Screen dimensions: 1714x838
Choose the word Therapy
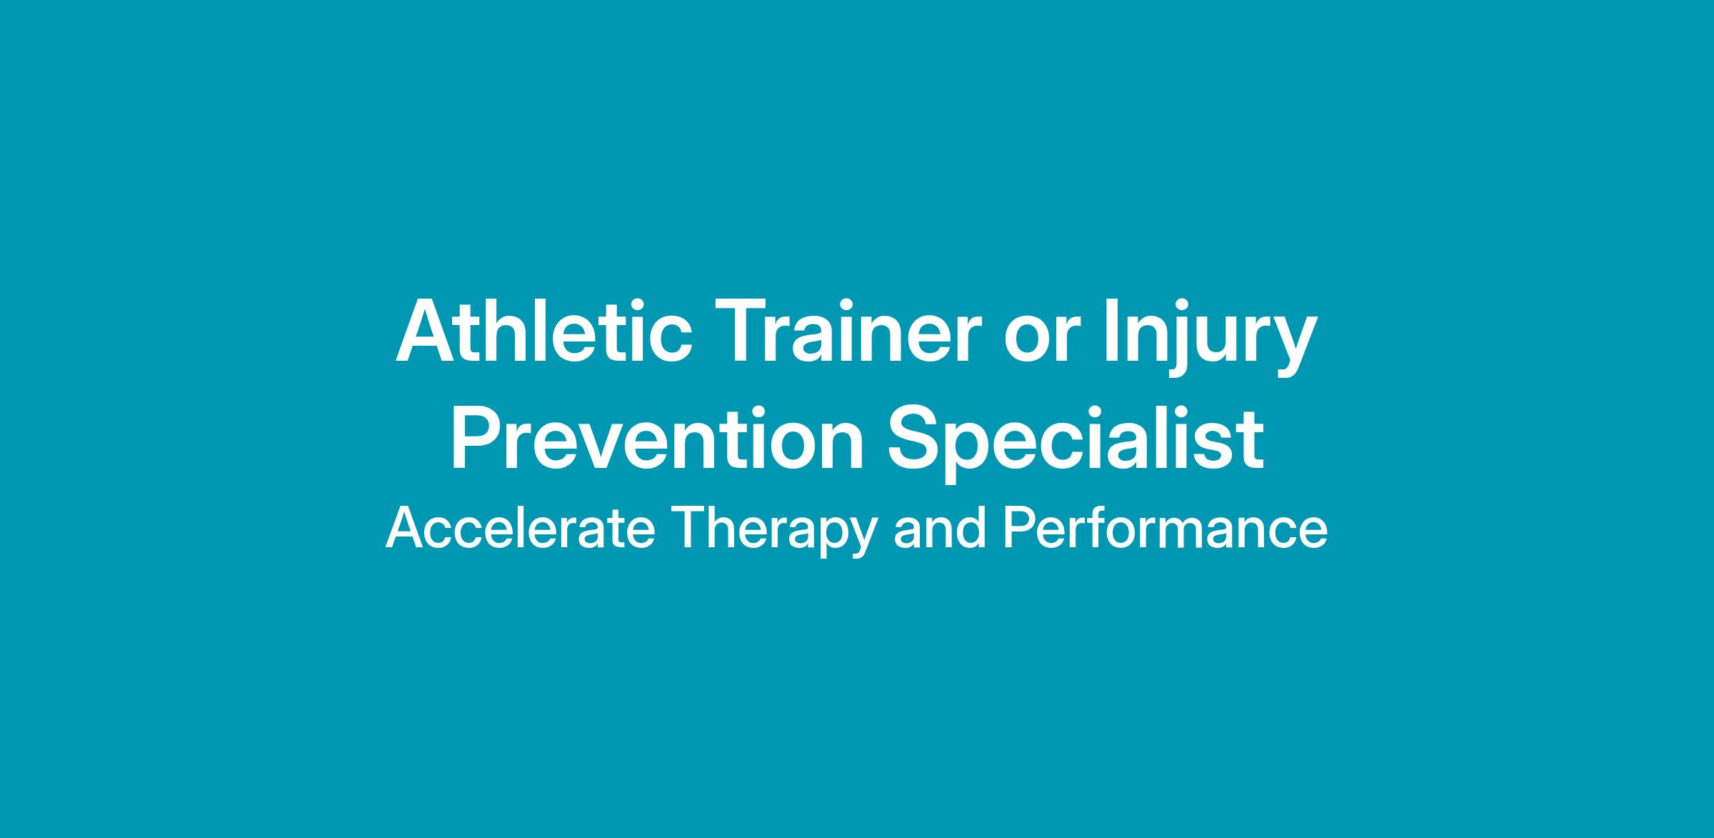774,532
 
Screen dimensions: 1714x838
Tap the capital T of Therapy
690,528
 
